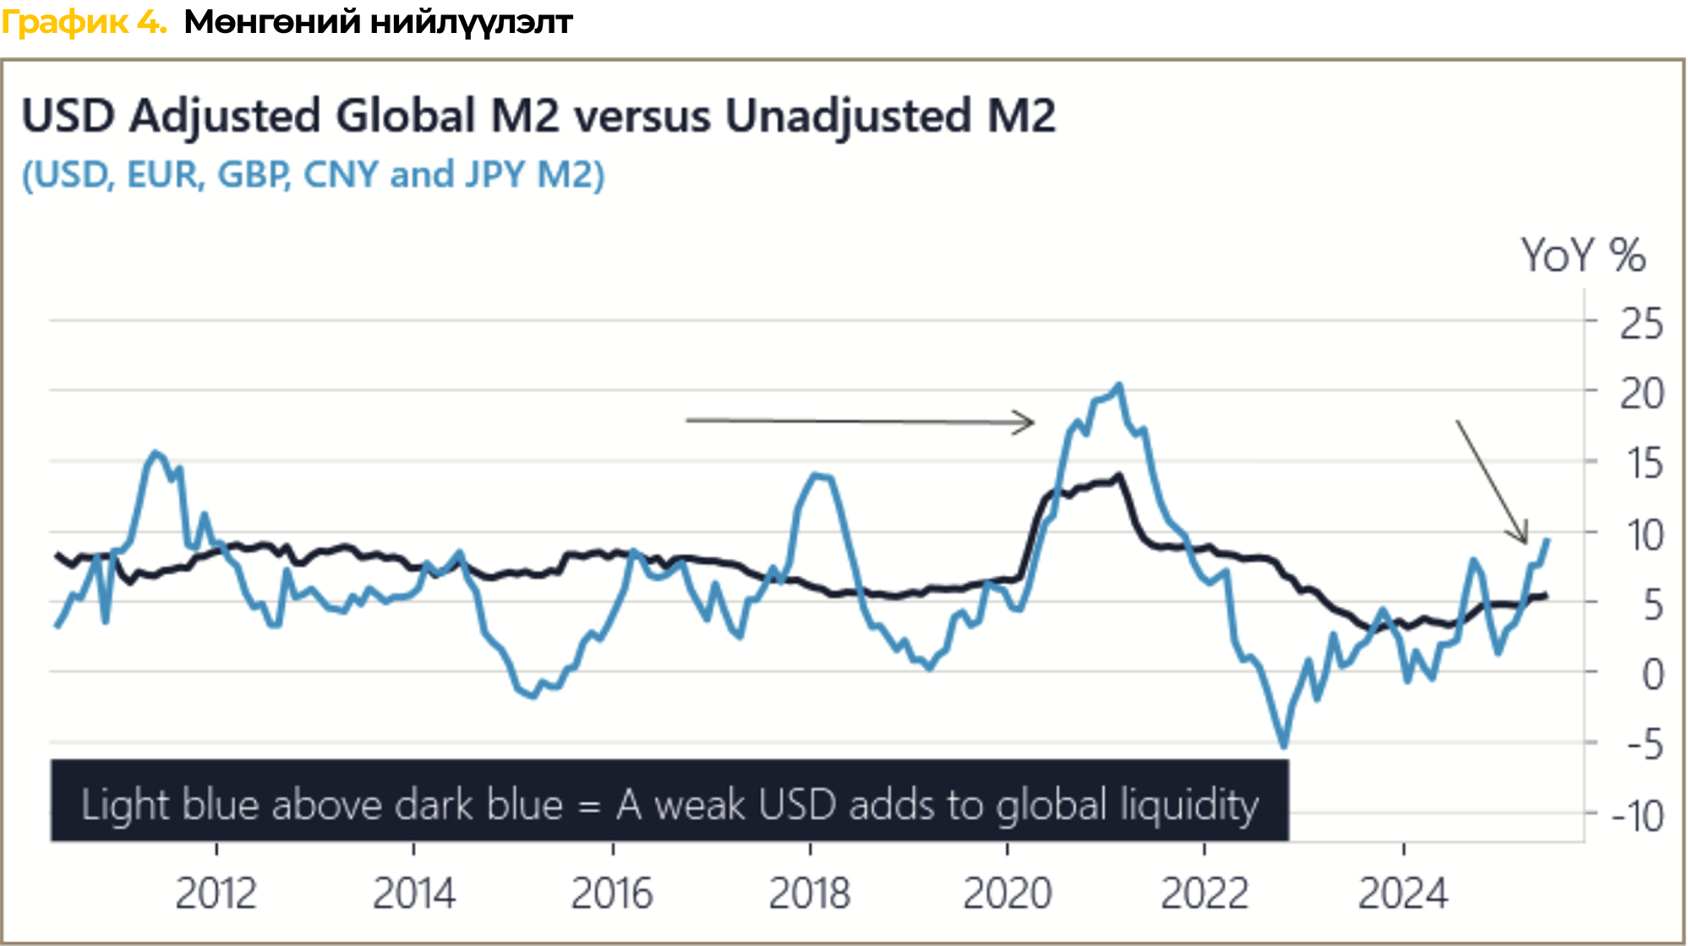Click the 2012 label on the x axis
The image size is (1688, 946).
216,894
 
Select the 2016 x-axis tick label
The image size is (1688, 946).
612,894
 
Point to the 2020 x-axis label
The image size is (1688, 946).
1007,894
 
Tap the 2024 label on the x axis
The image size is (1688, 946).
1403,894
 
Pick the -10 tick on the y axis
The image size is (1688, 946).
1637,817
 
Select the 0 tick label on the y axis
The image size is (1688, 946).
1652,675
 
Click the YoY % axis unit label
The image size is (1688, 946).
1583,255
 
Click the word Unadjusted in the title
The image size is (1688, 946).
848,116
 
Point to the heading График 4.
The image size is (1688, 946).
84,23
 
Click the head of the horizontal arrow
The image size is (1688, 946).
1031,421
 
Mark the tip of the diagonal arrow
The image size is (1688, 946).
1526,542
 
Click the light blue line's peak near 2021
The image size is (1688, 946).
1119,386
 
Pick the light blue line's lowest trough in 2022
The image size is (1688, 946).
1284,746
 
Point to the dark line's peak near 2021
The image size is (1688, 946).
1119,475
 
